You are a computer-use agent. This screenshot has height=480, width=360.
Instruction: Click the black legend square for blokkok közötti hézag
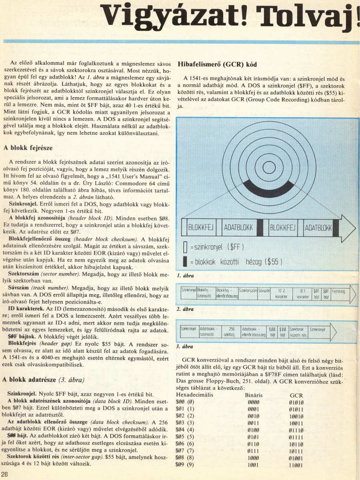(x=185, y=262)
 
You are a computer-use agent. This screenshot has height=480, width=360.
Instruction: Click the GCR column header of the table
(x=296, y=395)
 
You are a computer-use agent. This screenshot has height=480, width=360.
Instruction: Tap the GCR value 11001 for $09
(x=296, y=465)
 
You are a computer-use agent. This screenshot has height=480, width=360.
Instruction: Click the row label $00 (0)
(x=185, y=402)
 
